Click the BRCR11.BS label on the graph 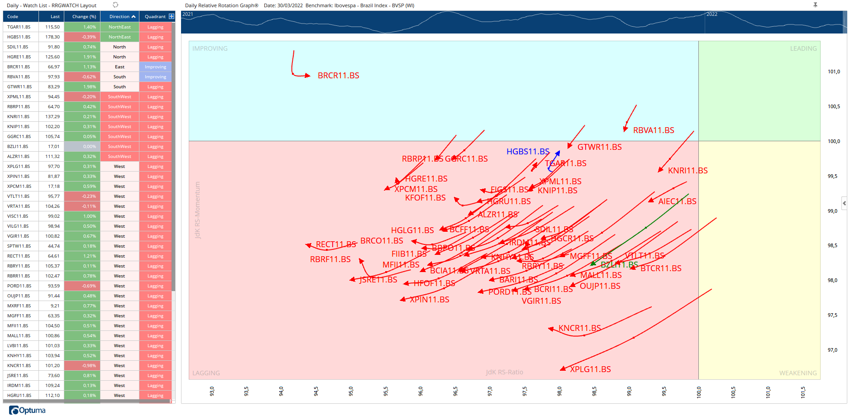[x=338, y=76]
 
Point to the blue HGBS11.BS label [x=527, y=152]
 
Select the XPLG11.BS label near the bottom [x=590, y=369]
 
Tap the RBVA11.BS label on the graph [x=653, y=130]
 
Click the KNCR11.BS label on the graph [x=579, y=328]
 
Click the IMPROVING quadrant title [x=210, y=48]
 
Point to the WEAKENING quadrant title [x=797, y=373]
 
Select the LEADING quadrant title [x=803, y=48]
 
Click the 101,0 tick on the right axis [x=833, y=72]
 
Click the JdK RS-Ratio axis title [x=504, y=372]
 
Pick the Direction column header [x=119, y=17]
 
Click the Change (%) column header [x=84, y=17]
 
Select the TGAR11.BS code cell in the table [x=19, y=27]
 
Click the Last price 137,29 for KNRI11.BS [x=53, y=117]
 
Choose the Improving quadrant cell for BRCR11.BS [x=155, y=67]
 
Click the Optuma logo [x=27, y=410]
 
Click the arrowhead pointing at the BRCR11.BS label [x=308, y=76]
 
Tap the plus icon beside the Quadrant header [x=171, y=16]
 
